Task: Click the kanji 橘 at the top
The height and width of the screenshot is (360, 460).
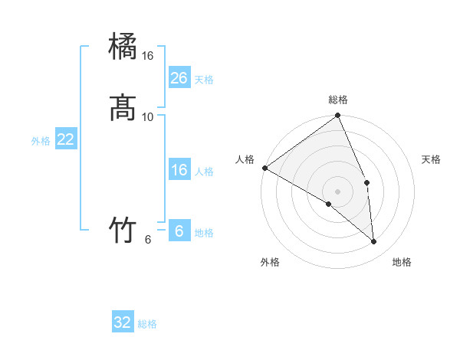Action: tap(123, 47)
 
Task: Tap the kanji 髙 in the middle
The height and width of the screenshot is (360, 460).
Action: tap(123, 108)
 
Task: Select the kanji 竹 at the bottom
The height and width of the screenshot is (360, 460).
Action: tap(123, 230)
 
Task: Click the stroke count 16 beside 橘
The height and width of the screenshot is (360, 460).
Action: tap(148, 57)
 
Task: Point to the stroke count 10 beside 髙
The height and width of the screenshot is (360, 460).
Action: tap(148, 117)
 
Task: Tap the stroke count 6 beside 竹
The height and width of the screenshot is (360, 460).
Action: tap(148, 240)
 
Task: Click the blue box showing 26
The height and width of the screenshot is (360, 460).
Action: tap(179, 78)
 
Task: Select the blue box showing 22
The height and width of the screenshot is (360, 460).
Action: tap(66, 139)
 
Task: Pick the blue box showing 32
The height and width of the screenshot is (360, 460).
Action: tap(123, 322)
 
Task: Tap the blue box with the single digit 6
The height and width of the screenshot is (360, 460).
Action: tap(179, 231)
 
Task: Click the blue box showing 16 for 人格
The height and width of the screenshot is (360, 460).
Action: tap(179, 170)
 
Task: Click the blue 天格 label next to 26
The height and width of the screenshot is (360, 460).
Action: tap(204, 80)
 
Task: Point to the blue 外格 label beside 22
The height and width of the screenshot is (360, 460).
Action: tap(41, 141)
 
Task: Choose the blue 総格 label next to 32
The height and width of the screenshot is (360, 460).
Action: tap(147, 324)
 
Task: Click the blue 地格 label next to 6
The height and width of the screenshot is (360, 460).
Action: tap(204, 233)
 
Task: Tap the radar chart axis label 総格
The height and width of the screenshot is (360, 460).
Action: tap(338, 100)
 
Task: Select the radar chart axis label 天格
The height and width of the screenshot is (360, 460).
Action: tap(432, 159)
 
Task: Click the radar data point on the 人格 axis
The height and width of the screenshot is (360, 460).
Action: tap(264, 168)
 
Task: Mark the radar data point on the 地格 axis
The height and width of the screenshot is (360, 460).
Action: tap(374, 242)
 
